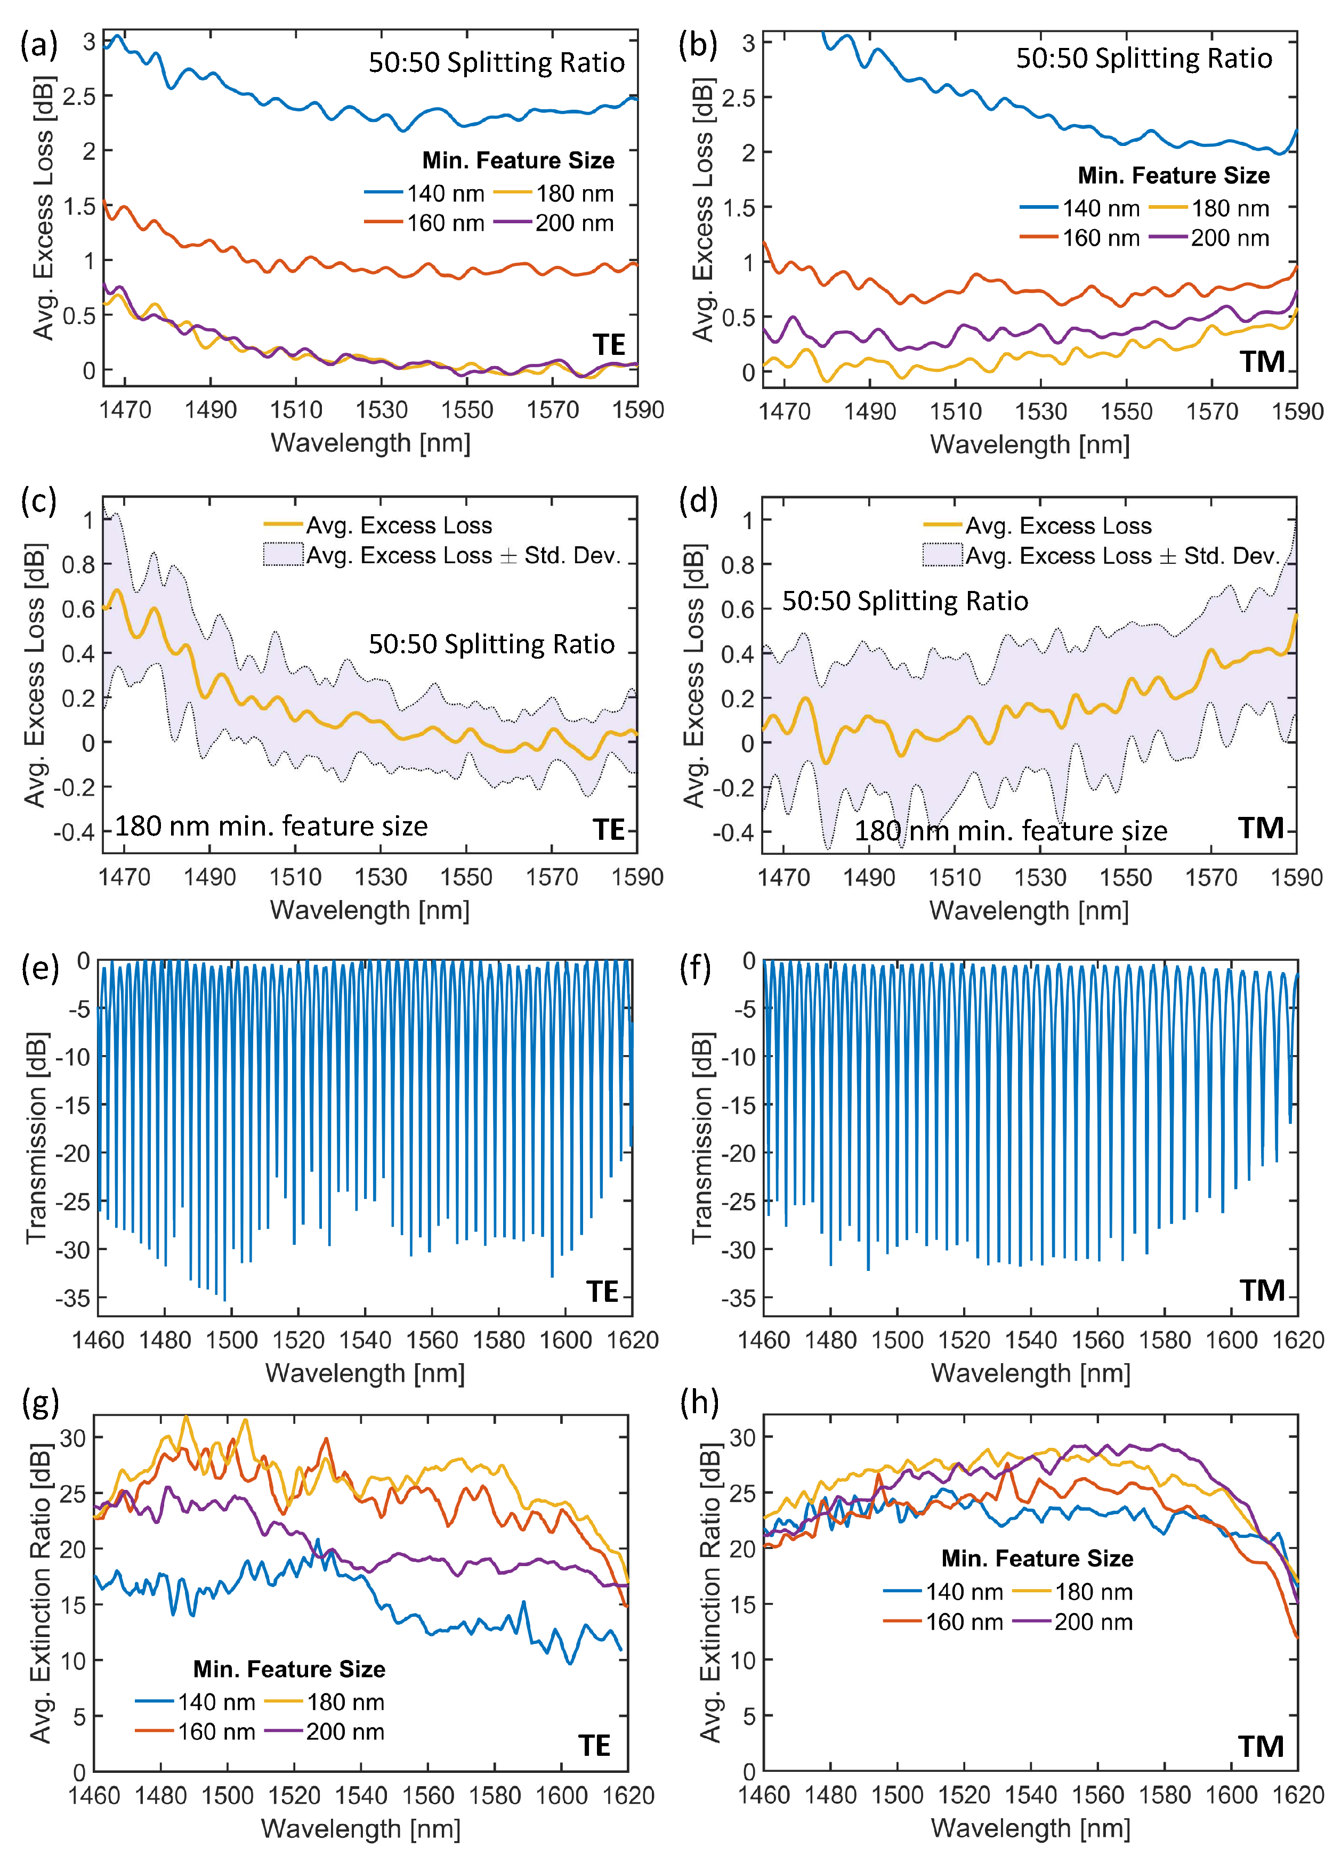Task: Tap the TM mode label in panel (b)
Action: pyautogui.click(x=1261, y=361)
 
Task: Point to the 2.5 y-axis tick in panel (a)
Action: pyautogui.click(x=79, y=96)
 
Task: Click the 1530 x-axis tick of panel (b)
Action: pyautogui.click(x=1041, y=411)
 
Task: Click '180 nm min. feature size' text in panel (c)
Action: pyautogui.click(x=271, y=826)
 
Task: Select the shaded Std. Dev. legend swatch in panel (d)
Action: pyautogui.click(x=942, y=556)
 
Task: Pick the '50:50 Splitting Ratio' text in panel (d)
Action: pyautogui.click(x=904, y=602)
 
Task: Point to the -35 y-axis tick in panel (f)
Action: pyautogui.click(x=739, y=1299)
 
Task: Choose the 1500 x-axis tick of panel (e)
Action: pyautogui.click(x=231, y=1341)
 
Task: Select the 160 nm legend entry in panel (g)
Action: pyautogui.click(x=196, y=1732)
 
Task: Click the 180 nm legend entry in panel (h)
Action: pyautogui.click(x=1073, y=1592)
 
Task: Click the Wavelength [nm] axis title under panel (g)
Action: pyautogui.click(x=361, y=1828)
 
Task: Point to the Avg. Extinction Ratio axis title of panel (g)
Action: pyautogui.click(x=41, y=1592)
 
